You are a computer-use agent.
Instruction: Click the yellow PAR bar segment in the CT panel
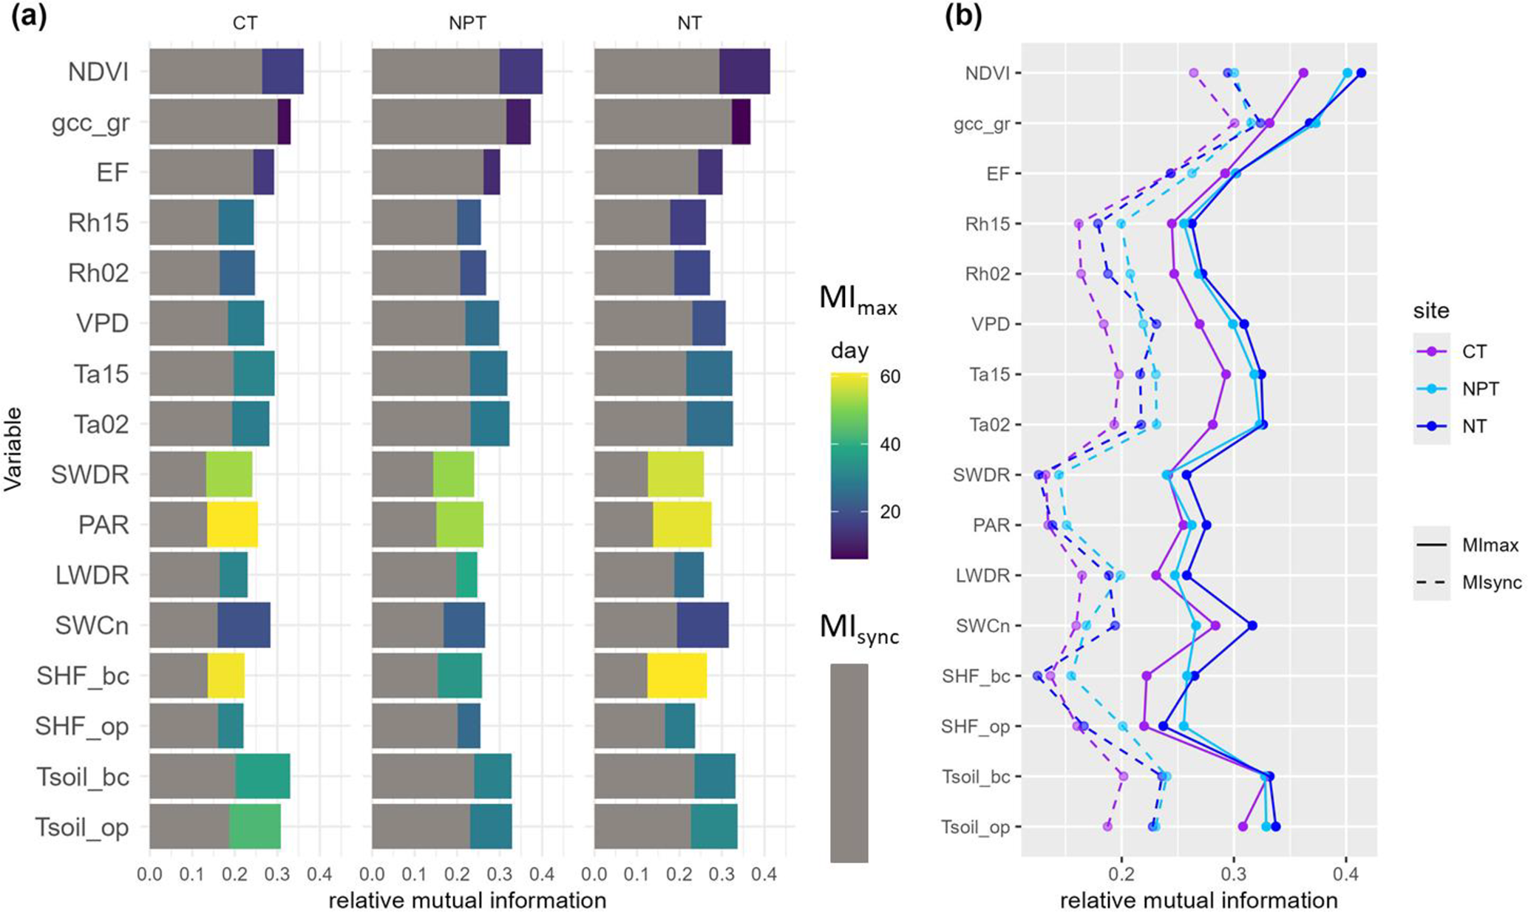click(x=232, y=525)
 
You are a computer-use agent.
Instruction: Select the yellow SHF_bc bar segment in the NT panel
click(x=676, y=676)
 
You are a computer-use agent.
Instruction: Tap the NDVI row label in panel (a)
click(x=98, y=72)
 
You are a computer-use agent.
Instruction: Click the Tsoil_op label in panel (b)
click(x=976, y=827)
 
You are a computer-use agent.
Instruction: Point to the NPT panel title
click(x=467, y=23)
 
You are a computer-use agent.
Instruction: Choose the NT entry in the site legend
click(x=1474, y=426)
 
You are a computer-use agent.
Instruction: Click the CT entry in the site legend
click(x=1474, y=352)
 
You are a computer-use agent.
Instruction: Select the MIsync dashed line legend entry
click(x=1492, y=582)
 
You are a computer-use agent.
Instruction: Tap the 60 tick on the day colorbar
click(x=890, y=377)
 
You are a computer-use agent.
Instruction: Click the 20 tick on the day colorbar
click(x=890, y=511)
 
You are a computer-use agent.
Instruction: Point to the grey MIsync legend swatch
click(x=849, y=762)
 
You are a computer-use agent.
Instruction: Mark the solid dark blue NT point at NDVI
click(x=1361, y=72)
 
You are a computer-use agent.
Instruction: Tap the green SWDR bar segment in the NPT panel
click(x=453, y=474)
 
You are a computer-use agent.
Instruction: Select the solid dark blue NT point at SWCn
click(x=1252, y=625)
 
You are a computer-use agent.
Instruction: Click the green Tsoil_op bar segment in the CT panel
click(x=254, y=827)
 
